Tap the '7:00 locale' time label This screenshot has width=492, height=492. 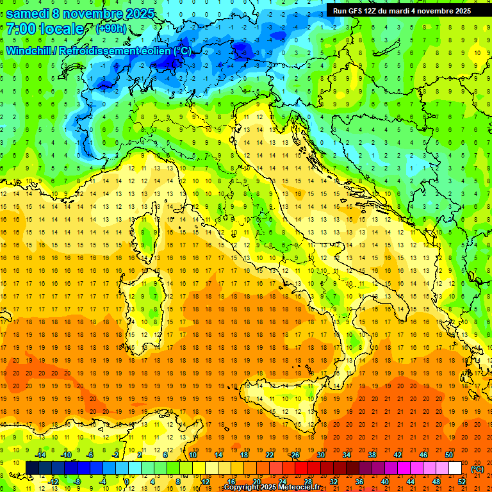click(x=45, y=29)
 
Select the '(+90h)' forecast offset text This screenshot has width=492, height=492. click(x=111, y=29)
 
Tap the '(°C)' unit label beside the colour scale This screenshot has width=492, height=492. click(x=477, y=469)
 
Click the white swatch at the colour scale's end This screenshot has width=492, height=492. click(x=455, y=468)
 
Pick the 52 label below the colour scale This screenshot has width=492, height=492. click(x=461, y=482)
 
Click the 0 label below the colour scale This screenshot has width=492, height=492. click(x=127, y=482)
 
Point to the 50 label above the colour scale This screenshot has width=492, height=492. click(x=448, y=455)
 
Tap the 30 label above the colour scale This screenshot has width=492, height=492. click(x=320, y=455)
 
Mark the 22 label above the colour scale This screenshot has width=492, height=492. click(x=269, y=455)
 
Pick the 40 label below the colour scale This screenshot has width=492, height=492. click(x=384, y=482)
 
